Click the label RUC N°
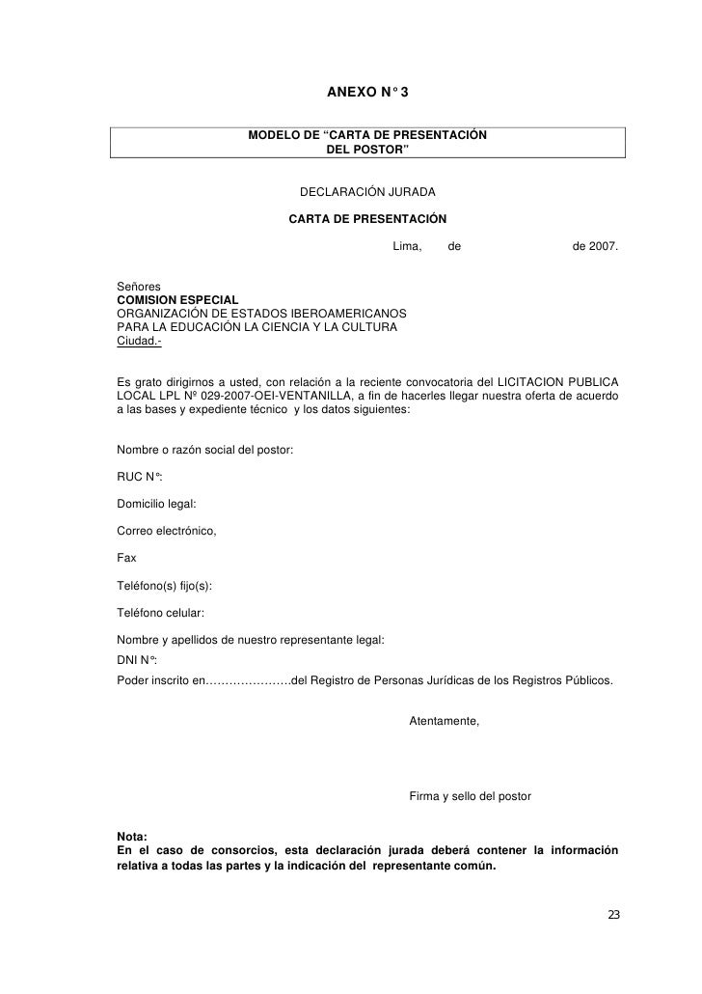[x=139, y=477]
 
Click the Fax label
[x=125, y=558]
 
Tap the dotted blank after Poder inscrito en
[x=248, y=679]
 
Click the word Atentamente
[x=444, y=721]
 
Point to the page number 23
[x=613, y=914]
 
